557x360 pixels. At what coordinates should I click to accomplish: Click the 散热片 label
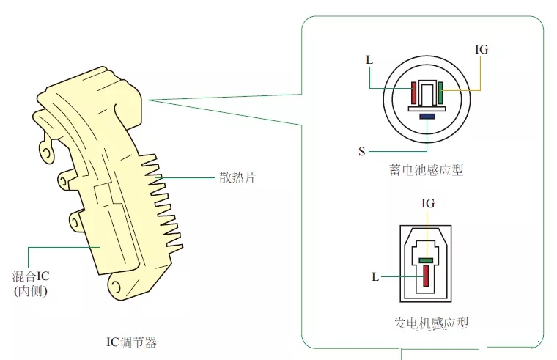(x=238, y=177)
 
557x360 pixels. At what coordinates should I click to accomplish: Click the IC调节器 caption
(x=132, y=342)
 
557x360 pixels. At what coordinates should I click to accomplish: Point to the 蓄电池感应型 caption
(x=427, y=170)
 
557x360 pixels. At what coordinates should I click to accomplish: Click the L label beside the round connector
(x=369, y=59)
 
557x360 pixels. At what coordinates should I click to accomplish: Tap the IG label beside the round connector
(x=482, y=50)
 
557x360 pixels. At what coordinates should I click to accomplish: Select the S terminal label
(x=361, y=151)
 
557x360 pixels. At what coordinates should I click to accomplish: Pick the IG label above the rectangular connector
(x=428, y=203)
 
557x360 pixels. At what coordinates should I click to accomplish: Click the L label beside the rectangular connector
(x=375, y=277)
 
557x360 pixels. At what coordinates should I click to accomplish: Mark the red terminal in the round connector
(x=414, y=93)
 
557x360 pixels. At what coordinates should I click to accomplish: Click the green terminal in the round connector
(x=440, y=93)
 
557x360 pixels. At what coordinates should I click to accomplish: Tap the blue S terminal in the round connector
(x=427, y=116)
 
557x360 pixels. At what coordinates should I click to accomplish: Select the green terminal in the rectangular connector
(x=427, y=259)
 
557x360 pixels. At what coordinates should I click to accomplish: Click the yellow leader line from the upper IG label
(x=480, y=73)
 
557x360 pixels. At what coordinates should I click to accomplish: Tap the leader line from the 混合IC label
(x=59, y=248)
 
